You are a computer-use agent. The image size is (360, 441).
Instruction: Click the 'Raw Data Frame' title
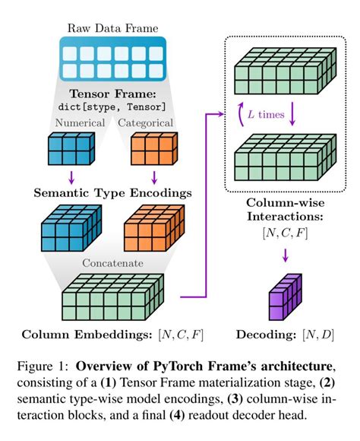click(113, 28)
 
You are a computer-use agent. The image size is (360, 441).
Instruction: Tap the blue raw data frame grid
click(113, 62)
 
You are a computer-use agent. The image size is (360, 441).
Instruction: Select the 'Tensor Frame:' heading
click(113, 94)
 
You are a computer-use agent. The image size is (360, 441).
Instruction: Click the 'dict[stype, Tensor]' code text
click(113, 107)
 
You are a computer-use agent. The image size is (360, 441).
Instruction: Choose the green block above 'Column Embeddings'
click(114, 299)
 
